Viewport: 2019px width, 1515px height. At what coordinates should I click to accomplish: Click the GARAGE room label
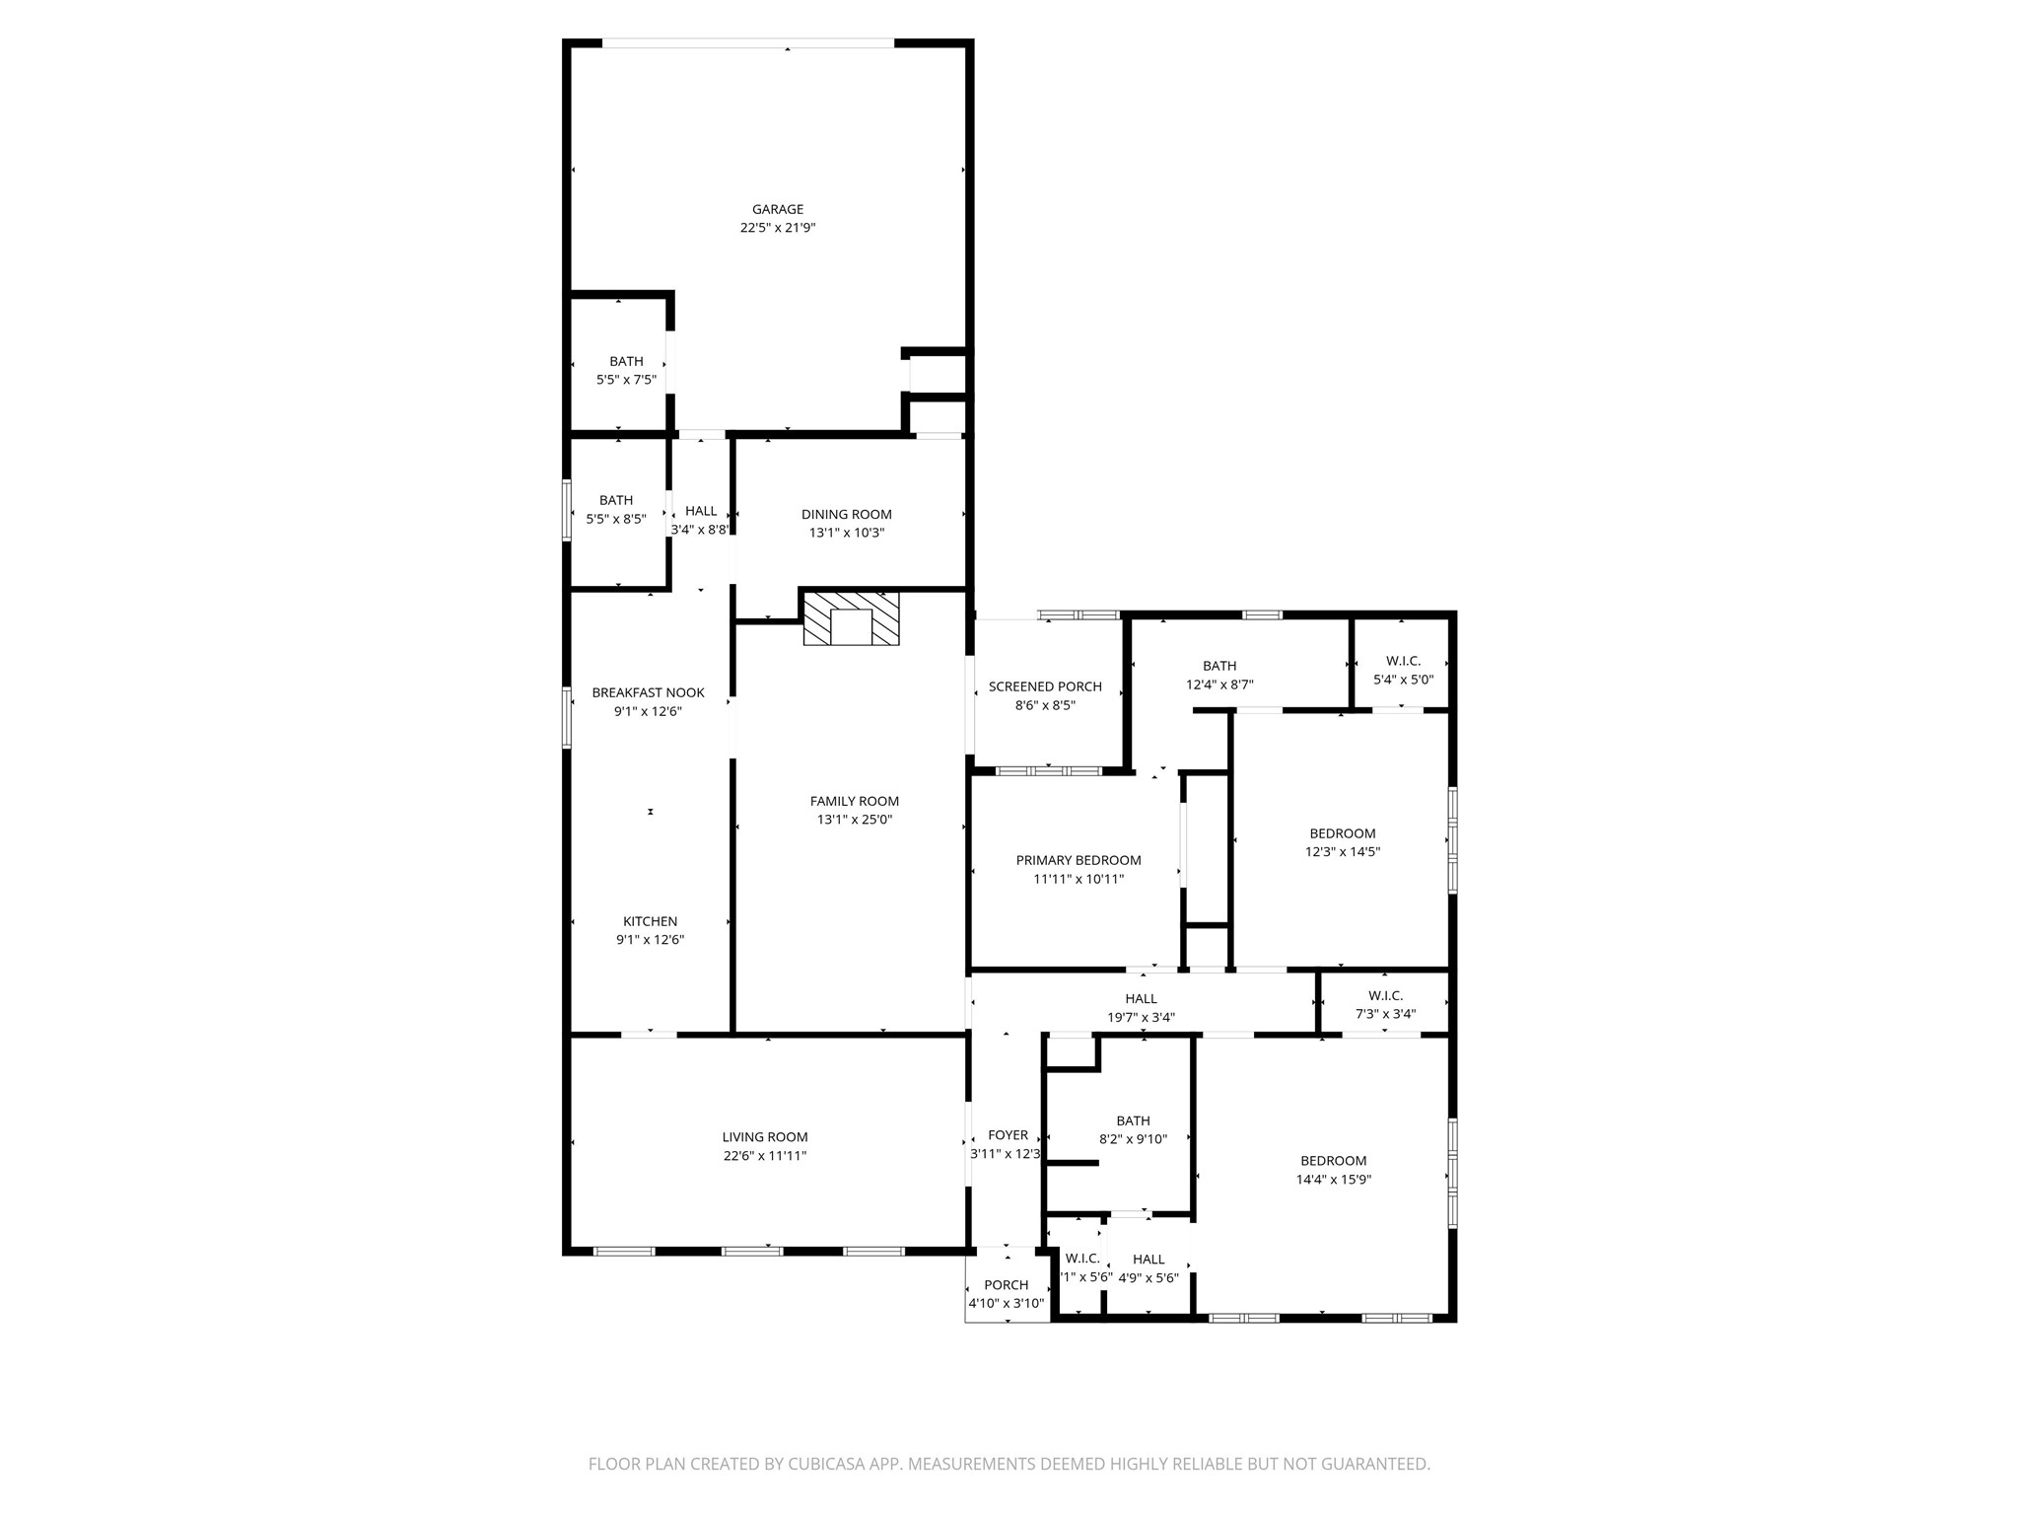778,209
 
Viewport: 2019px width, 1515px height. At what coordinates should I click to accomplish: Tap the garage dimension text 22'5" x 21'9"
778,228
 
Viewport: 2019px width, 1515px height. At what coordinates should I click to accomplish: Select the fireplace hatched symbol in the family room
851,619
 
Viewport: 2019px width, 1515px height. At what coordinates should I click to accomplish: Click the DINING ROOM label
846,514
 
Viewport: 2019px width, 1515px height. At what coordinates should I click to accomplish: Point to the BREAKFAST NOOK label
648,692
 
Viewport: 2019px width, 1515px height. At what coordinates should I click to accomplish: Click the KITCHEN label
650,921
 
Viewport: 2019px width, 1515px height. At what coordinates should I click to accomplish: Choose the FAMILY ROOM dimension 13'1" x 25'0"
854,820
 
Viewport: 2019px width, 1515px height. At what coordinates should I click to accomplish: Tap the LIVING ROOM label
764,1137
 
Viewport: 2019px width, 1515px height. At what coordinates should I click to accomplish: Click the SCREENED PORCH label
1045,686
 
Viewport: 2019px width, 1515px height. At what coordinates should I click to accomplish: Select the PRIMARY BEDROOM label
1079,860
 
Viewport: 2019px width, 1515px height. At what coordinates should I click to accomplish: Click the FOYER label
1008,1135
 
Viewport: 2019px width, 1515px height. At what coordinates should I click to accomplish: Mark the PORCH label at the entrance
1006,1285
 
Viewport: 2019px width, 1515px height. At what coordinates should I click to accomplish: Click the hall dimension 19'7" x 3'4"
1141,1018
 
